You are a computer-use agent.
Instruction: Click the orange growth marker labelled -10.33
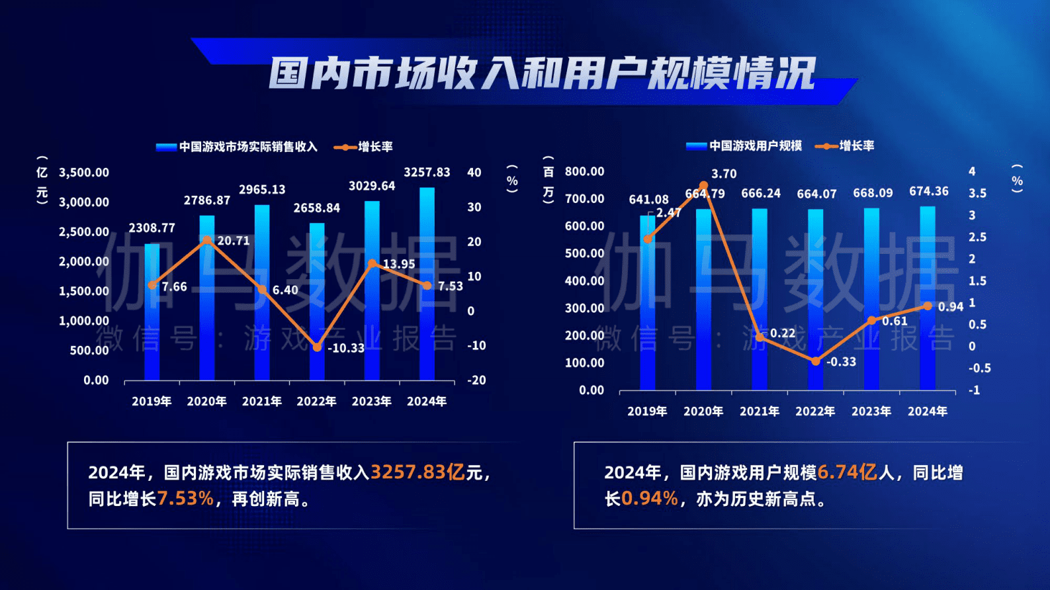point(317,347)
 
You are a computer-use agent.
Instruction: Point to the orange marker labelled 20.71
point(207,240)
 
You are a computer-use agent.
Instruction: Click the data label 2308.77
point(152,228)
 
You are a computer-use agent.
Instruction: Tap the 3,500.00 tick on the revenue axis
point(84,173)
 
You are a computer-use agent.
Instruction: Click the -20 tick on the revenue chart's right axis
point(476,380)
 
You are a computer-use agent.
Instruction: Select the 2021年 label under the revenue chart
point(261,401)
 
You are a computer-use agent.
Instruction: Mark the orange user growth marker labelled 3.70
point(703,186)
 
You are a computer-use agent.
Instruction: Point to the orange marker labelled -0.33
point(815,361)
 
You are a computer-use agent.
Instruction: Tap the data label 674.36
point(929,192)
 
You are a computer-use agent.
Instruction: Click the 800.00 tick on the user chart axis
point(585,172)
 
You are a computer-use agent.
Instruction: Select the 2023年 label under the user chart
point(871,411)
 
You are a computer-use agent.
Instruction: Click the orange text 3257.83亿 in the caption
point(417,472)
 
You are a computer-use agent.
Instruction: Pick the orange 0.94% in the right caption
point(650,499)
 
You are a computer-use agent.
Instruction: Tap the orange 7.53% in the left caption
point(186,499)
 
